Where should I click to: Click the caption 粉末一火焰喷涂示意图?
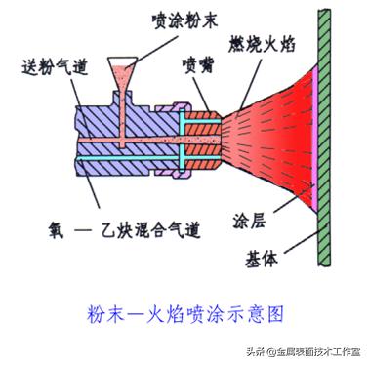coord(185,314)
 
